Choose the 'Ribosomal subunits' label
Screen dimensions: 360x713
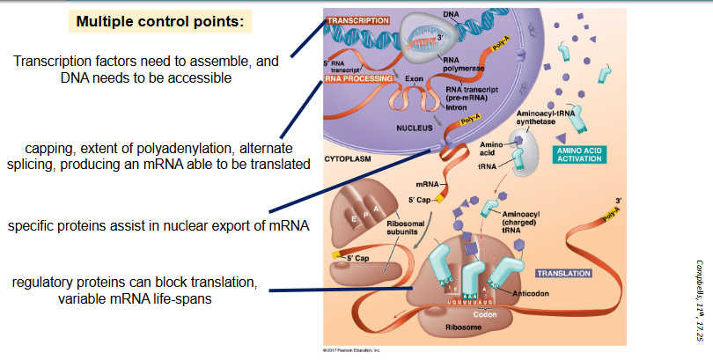pyautogui.click(x=408, y=230)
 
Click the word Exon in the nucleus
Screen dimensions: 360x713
pyautogui.click(x=415, y=78)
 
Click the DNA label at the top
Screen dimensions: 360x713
pyautogui.click(x=451, y=13)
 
